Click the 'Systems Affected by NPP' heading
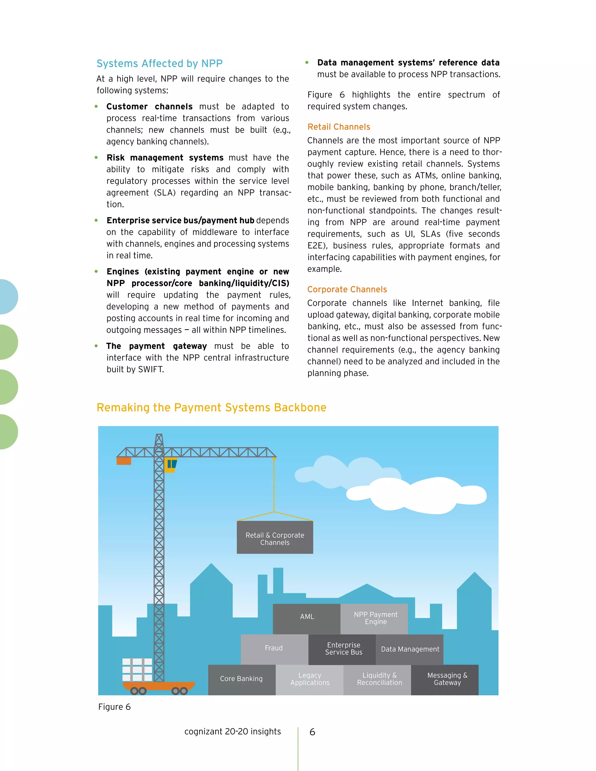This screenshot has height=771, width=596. click(159, 63)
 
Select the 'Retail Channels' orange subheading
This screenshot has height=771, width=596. click(339, 127)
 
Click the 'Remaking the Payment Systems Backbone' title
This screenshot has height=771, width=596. click(211, 407)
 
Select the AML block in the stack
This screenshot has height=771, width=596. click(306, 617)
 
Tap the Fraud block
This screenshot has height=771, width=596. click(274, 648)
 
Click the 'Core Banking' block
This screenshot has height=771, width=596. click(241, 678)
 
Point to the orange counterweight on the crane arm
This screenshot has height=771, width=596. click(124, 461)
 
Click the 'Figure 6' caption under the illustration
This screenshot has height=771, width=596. click(114, 707)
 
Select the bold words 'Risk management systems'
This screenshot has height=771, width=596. click(165, 157)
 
